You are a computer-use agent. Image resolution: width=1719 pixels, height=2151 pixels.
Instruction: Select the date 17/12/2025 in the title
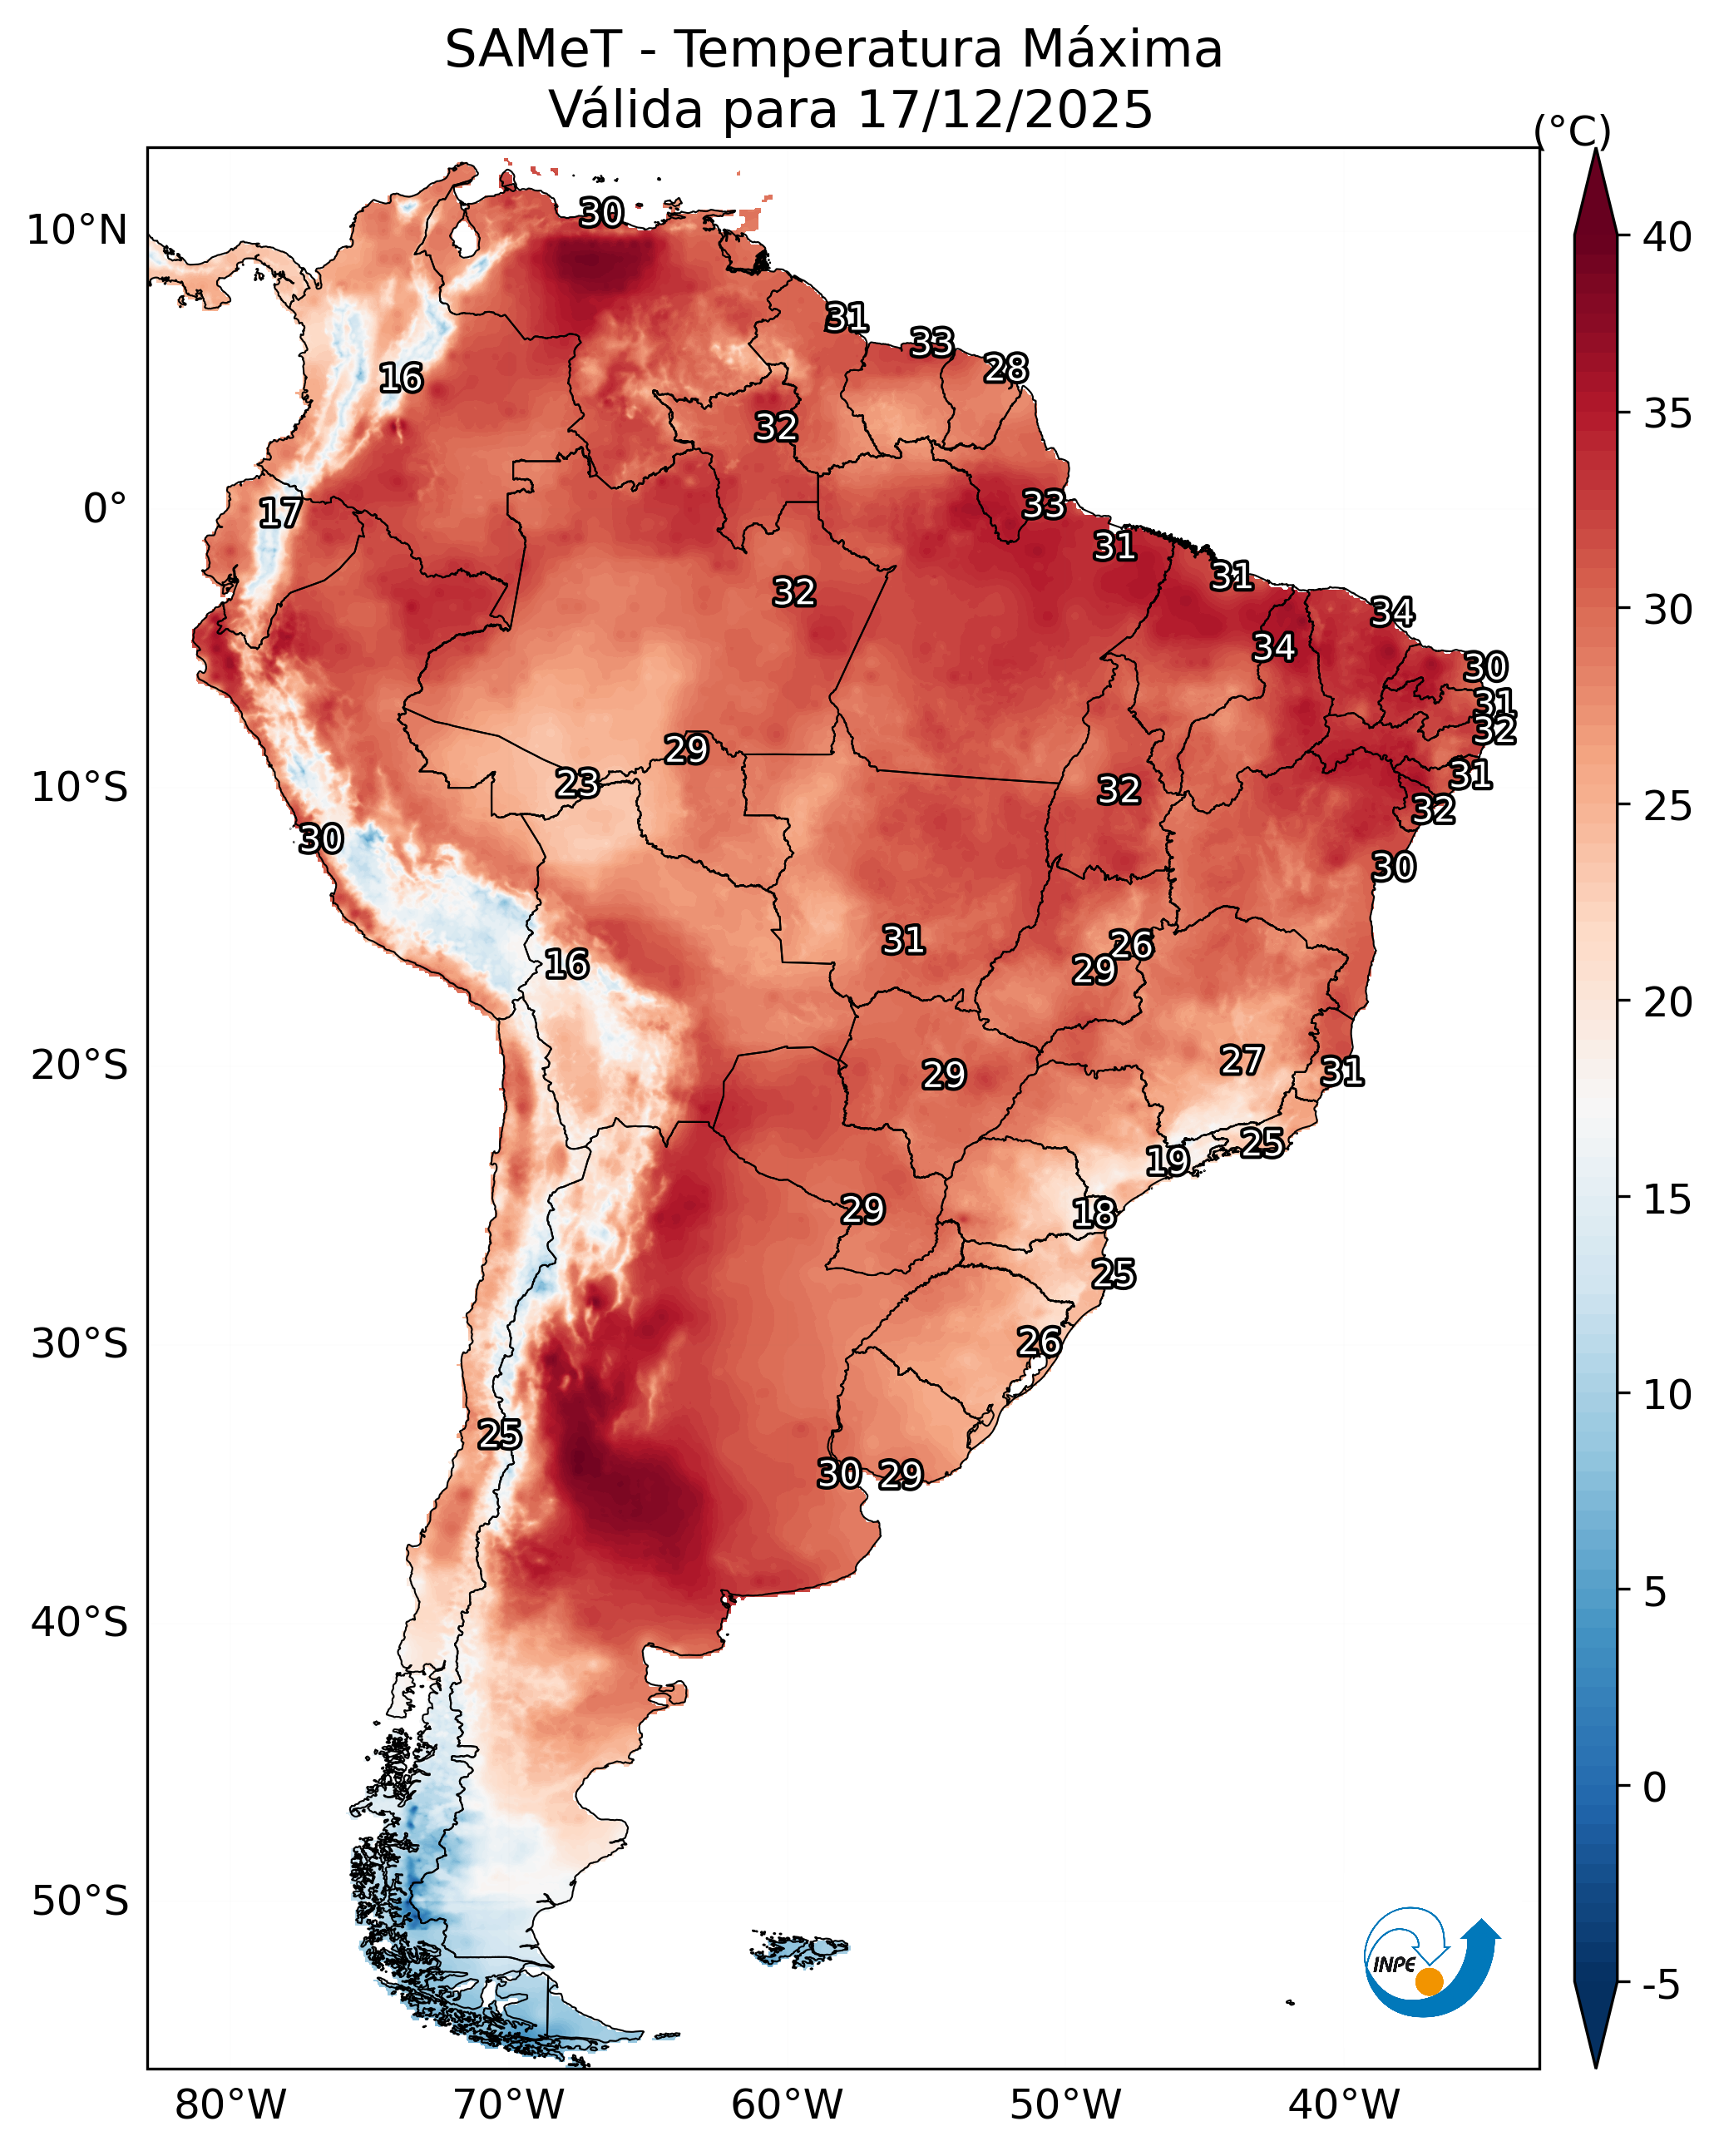pos(1004,109)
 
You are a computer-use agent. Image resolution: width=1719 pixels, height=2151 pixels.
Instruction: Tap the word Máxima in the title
pos(1123,49)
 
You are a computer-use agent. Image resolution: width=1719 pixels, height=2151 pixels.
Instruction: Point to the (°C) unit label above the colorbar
pos(1571,131)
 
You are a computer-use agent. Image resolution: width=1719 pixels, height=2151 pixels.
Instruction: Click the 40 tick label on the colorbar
pos(1667,237)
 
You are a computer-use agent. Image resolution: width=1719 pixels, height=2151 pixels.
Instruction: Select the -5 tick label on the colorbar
pos(1660,1985)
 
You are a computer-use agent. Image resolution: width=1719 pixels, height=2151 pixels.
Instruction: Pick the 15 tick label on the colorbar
pos(1667,1199)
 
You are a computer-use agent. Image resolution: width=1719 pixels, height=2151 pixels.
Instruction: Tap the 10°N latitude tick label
pos(77,230)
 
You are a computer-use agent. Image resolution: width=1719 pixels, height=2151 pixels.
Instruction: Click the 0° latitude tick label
pos(105,509)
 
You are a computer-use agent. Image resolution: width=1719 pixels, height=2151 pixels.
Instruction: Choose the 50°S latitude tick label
pos(80,1901)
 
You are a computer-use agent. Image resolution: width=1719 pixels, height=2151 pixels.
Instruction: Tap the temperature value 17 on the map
pos(280,513)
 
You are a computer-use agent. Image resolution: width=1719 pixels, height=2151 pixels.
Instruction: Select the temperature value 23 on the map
pos(576,784)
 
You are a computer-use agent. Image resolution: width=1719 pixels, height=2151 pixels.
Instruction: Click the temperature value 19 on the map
pos(1166,1160)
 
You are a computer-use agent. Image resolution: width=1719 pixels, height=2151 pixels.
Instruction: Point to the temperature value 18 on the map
pos(1094,1214)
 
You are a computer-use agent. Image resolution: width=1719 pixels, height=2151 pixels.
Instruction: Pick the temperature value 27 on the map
pos(1241,1060)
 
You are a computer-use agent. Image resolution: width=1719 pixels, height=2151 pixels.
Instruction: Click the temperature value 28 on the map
pos(1005,368)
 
